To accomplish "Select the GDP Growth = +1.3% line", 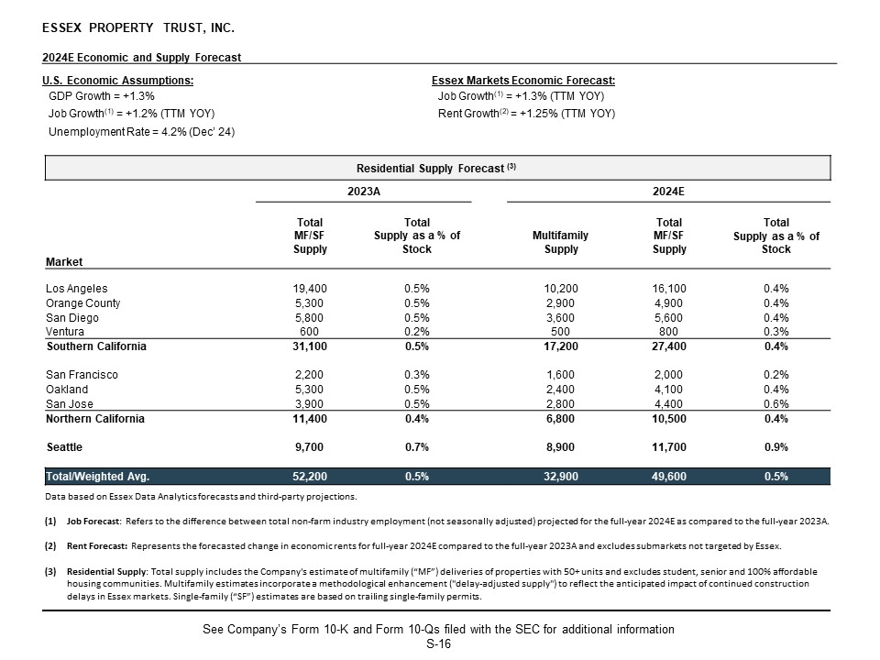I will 101,95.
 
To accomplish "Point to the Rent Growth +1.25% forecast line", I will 526,114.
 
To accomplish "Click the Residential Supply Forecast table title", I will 437,169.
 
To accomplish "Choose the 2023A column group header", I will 363,192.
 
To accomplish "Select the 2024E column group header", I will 670,192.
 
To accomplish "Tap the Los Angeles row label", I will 76,289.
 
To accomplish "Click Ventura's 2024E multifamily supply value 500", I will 560,332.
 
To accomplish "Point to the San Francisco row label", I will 82,375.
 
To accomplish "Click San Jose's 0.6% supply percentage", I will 776,404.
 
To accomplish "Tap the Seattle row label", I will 64,447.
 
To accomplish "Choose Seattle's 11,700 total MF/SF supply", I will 669,447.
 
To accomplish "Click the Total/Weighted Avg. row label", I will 97,477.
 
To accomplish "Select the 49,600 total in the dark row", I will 669,477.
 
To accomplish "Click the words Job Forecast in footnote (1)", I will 93,522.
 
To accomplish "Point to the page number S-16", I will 438,644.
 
